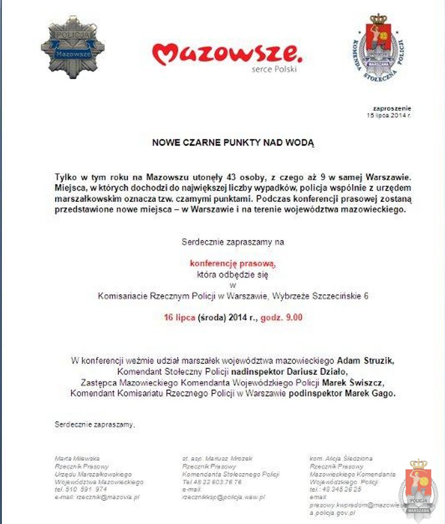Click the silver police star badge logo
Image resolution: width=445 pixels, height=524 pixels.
point(73,47)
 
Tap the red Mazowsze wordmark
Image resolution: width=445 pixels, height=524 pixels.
point(227,53)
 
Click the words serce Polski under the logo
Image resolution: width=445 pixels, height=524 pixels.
point(274,69)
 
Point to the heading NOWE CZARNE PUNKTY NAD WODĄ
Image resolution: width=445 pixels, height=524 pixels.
point(233,143)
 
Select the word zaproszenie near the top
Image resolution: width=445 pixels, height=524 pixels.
point(392,108)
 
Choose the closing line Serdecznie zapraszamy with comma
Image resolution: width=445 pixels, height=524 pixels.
point(94,424)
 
